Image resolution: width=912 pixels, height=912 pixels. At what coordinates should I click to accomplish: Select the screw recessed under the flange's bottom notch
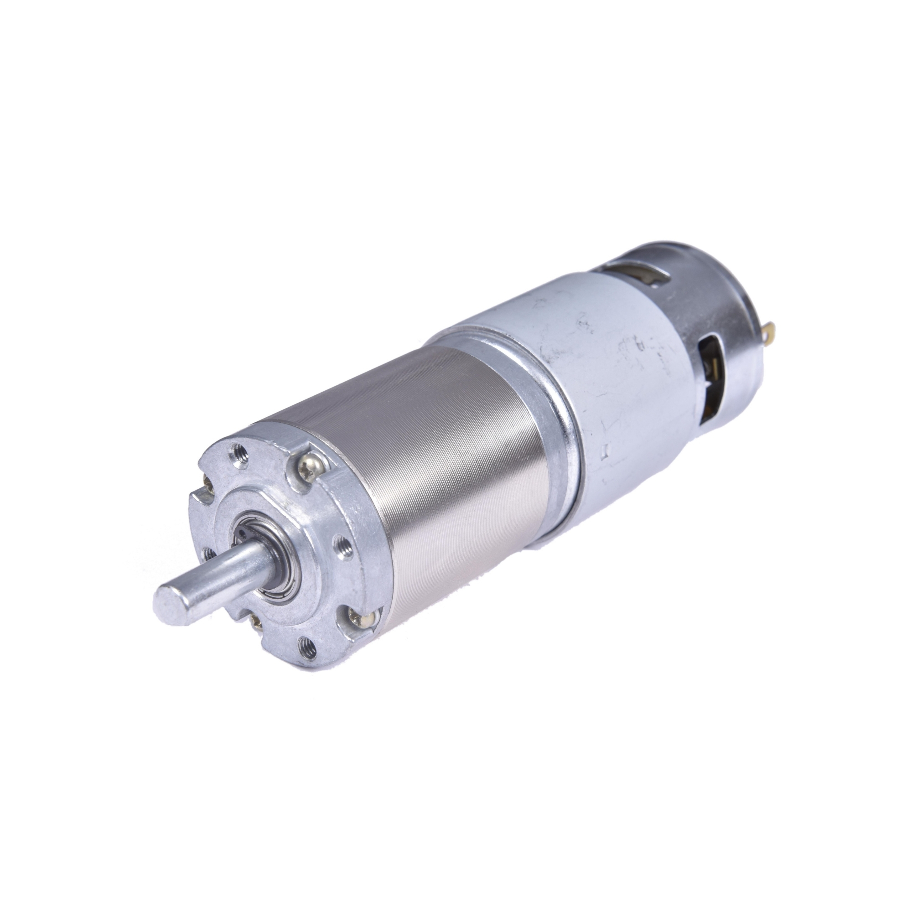pos(257,621)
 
